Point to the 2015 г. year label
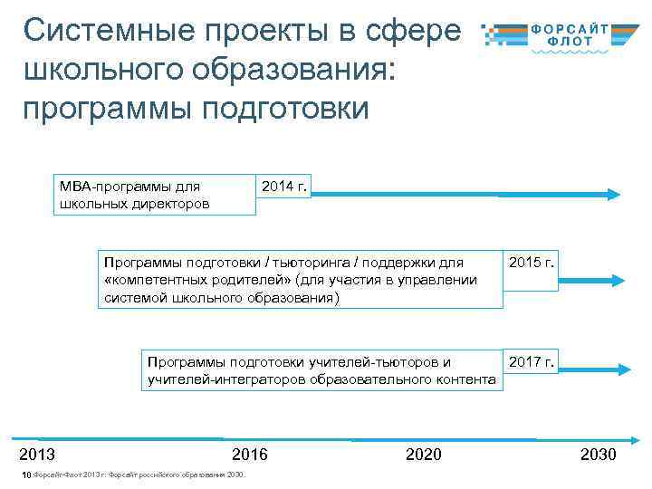(532, 263)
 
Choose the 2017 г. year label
(532, 362)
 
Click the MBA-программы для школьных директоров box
(154, 195)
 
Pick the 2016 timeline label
(250, 454)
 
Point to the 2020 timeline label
(424, 454)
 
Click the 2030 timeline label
(598, 454)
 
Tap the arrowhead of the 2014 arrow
(613, 194)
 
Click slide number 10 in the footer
(26, 475)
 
